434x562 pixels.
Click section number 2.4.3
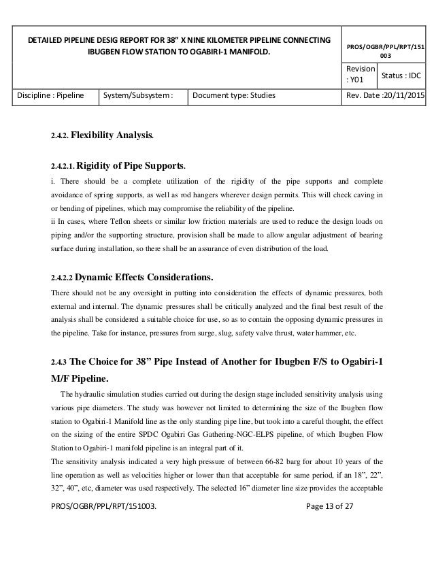59,362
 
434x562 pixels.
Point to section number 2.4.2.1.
63,166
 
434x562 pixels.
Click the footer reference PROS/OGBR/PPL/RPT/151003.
108,543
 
